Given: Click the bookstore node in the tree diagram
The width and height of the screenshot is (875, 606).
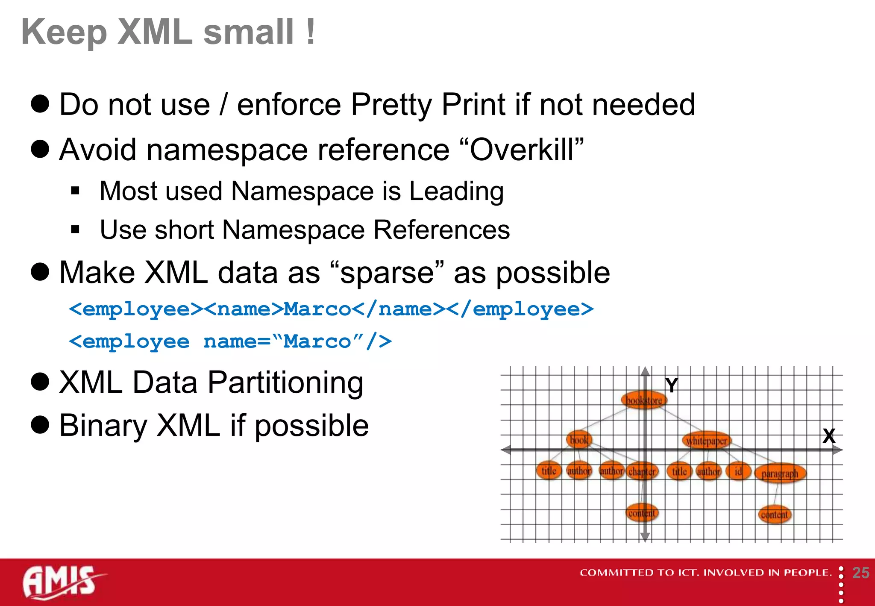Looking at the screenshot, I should (x=644, y=400).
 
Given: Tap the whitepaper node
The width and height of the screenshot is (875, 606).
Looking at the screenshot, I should (x=707, y=441).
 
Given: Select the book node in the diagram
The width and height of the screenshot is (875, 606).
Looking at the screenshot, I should (x=579, y=439).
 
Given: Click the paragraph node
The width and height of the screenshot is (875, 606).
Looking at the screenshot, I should (x=780, y=474).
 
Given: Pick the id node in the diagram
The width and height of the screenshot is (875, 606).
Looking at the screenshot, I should (x=738, y=471).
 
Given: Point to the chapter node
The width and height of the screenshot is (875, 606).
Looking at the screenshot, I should (x=642, y=471).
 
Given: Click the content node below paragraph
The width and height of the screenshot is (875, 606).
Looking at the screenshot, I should (x=774, y=515).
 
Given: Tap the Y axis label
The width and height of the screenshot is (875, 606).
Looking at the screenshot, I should (x=671, y=385).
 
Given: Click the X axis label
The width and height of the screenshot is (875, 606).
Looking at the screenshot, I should (x=829, y=436).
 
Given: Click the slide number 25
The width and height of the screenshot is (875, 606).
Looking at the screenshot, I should (x=860, y=573).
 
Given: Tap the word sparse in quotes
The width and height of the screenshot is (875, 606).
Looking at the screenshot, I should (x=387, y=273).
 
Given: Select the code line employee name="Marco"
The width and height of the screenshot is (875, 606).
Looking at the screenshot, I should (x=230, y=341).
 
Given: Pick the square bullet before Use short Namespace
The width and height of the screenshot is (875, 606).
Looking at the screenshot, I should (x=76, y=230).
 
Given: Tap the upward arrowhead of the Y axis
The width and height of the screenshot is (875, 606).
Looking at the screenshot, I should (x=645, y=371).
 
